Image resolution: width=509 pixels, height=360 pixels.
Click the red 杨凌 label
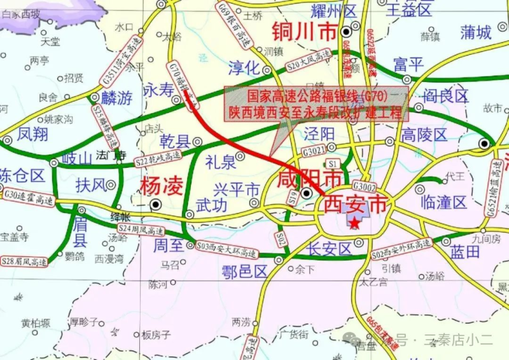click(162, 186)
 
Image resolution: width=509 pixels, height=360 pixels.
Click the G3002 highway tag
click(365, 186)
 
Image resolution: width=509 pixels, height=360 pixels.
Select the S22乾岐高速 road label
click(158, 160)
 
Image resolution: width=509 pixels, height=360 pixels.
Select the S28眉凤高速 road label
click(25, 260)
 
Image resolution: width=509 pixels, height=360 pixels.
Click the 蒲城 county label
click(477, 32)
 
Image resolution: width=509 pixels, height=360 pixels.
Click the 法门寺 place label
click(111, 155)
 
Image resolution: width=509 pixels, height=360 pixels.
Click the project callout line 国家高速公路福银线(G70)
click(317, 97)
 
